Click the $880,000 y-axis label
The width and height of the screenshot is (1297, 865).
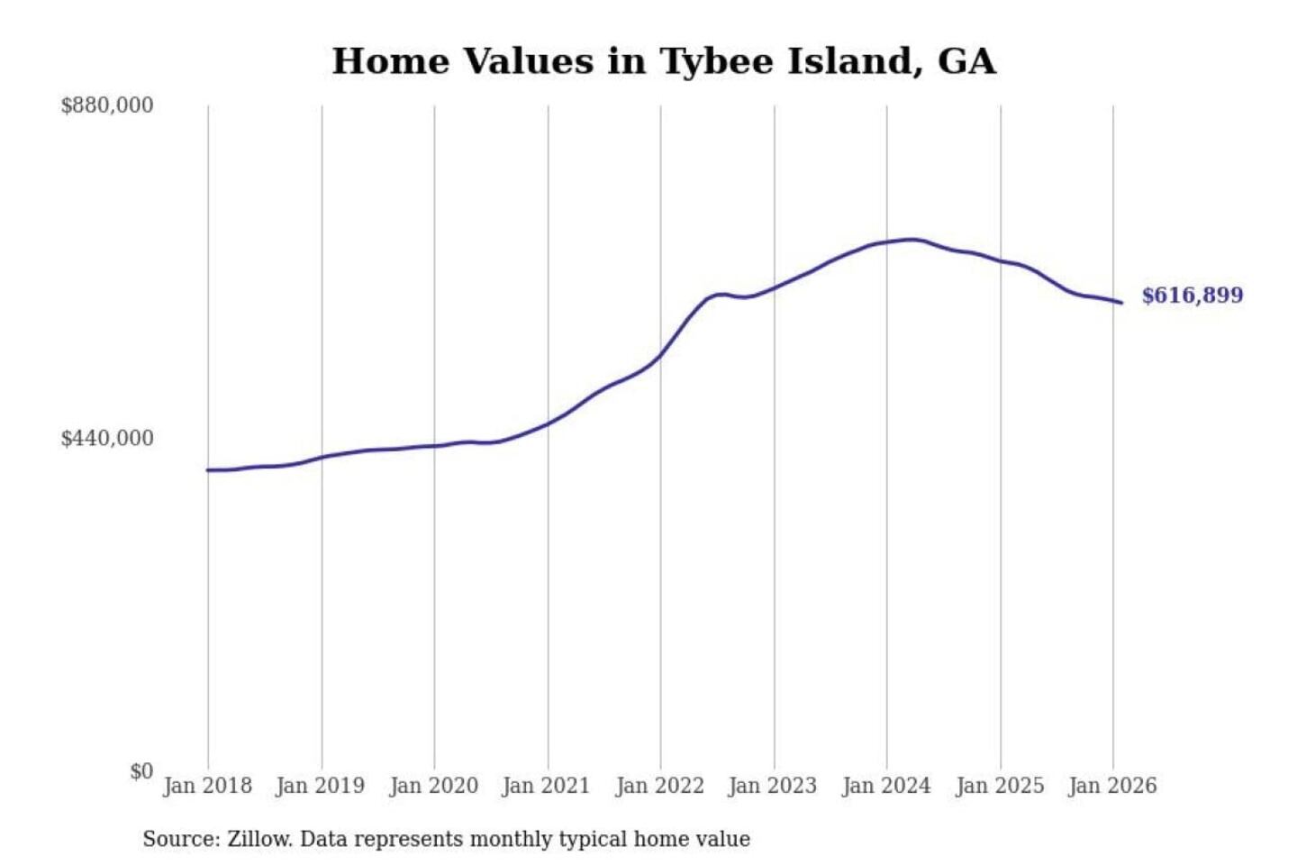[x=106, y=105]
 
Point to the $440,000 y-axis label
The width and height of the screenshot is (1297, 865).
[x=106, y=439]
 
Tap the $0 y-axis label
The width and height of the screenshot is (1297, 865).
[x=141, y=771]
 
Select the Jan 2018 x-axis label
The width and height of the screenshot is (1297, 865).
[x=207, y=786]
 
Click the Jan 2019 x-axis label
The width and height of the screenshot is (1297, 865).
[x=321, y=786]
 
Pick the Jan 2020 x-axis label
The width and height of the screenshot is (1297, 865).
[x=433, y=786]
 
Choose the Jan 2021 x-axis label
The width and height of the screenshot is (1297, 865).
[x=546, y=786]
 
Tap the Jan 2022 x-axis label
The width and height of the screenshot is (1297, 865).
[x=659, y=786]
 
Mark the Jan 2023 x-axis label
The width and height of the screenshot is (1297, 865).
[x=772, y=786]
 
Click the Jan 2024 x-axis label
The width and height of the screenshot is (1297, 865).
[x=885, y=786]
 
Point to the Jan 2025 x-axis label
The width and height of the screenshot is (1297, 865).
[x=999, y=786]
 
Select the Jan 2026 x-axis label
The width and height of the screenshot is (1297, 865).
[x=1111, y=786]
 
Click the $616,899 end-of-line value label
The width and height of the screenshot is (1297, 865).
[x=1192, y=296]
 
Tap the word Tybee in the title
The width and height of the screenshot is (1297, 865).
[x=717, y=62]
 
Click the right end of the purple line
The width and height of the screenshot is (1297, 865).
[x=1121, y=303]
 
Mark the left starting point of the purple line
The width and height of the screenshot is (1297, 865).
[x=208, y=470]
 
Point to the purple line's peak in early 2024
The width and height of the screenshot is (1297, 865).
[x=912, y=240]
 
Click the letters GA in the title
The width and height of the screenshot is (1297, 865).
[x=966, y=61]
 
